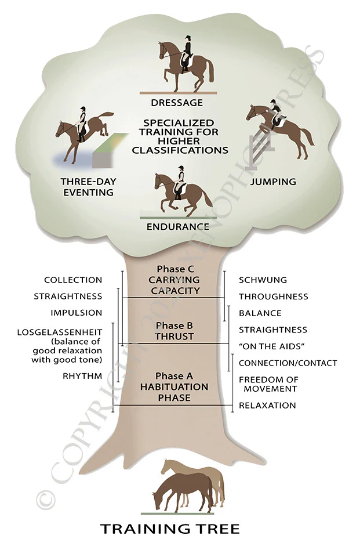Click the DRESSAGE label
pyautogui.click(x=177, y=103)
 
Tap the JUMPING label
pyautogui.click(x=272, y=182)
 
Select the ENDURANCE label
pyautogui.click(x=177, y=226)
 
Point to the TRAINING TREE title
pyautogui.click(x=170, y=529)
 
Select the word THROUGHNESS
pyautogui.click(x=274, y=296)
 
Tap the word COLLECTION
pyautogui.click(x=73, y=280)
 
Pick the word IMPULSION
pyautogui.click(x=77, y=313)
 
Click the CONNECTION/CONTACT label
pyautogui.click(x=288, y=363)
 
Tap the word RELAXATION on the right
pyautogui.click(x=267, y=405)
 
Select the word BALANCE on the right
pyautogui.click(x=260, y=313)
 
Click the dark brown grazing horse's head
pyautogui.click(x=158, y=498)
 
